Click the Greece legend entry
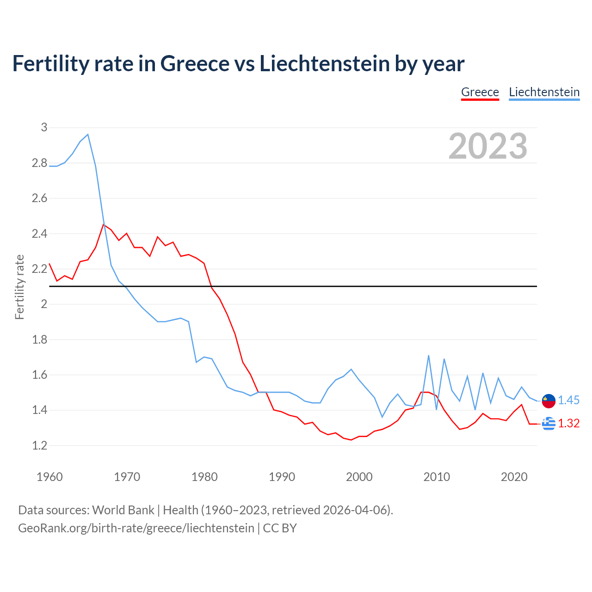pos(480,92)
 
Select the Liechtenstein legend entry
pos(544,92)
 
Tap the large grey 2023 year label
pos(488,146)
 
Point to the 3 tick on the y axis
pos(44,127)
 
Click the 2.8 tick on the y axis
pos(40,163)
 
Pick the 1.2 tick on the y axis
pos(40,445)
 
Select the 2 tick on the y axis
pos(44,304)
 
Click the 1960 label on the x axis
pos(49,477)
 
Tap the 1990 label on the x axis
pos(282,477)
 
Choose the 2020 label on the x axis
pos(514,477)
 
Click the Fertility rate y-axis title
pos(19,287)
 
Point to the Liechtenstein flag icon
pos(549,401)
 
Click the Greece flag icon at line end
pos(549,423)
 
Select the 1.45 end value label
pos(568,401)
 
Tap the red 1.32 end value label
pos(568,424)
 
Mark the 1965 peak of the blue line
pos(88,135)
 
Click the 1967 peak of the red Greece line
pos(104,225)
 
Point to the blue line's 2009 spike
pos(429,356)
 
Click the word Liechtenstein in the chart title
pos(324,64)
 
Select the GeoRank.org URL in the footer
pos(136,528)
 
